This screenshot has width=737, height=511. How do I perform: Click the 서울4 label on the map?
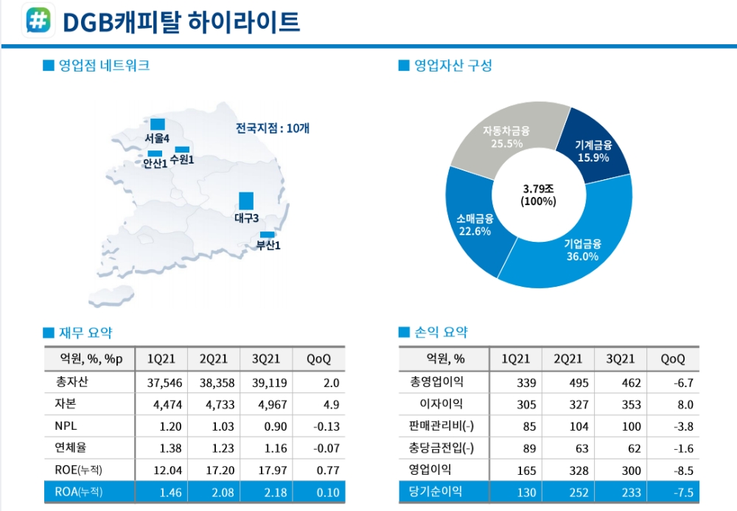(x=157, y=138)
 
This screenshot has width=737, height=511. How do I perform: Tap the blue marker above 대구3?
(x=246, y=201)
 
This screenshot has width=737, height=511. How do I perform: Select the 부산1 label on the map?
(x=268, y=245)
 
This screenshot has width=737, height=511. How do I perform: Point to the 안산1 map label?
(x=155, y=163)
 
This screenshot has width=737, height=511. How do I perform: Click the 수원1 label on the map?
(x=181, y=159)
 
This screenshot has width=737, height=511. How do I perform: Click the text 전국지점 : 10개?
(x=272, y=128)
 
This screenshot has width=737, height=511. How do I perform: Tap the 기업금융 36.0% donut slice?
(x=581, y=250)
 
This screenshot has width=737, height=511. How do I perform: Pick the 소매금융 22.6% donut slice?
(x=475, y=225)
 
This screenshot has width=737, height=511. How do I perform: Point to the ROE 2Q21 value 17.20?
(x=214, y=470)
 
